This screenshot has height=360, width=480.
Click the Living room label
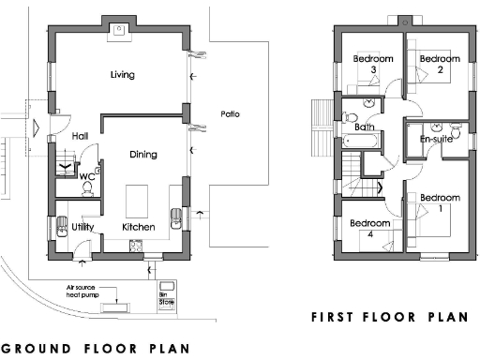[x=124, y=74]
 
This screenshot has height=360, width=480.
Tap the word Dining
[x=142, y=155]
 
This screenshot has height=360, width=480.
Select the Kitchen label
[x=139, y=227]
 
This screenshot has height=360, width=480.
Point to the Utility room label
[x=83, y=227]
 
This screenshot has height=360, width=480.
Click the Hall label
[x=80, y=136]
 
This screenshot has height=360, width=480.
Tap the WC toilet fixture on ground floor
[x=86, y=187]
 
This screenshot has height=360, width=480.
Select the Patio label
[x=230, y=114]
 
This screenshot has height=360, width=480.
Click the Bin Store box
[x=168, y=289]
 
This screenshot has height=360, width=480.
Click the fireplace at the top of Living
[x=119, y=29]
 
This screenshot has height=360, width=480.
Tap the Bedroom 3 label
[x=372, y=64]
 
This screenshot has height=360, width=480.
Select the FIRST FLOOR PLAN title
[x=389, y=317]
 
